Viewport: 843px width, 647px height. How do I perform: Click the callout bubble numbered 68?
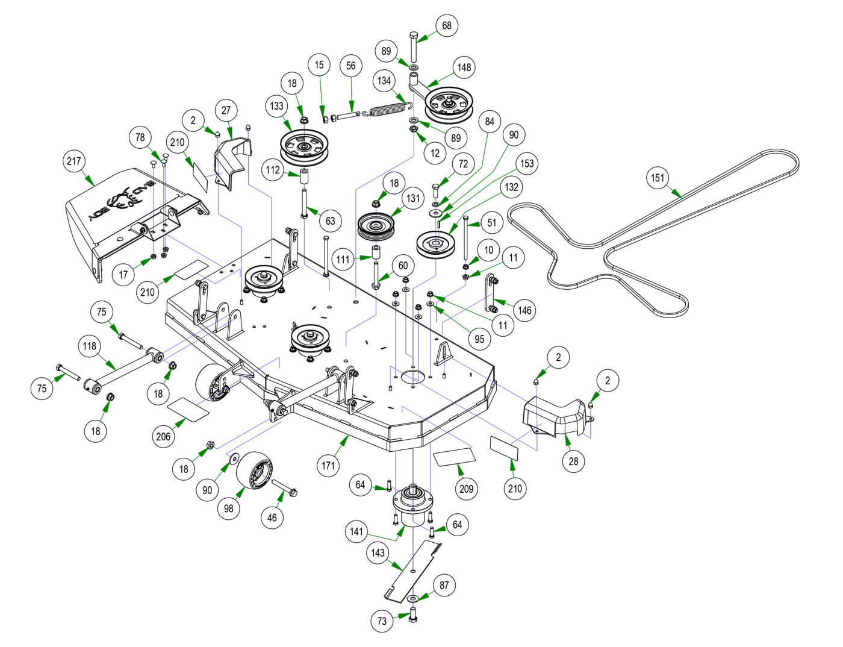click(447, 26)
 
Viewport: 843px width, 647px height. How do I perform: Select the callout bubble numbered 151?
click(658, 178)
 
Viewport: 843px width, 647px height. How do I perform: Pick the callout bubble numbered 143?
click(378, 553)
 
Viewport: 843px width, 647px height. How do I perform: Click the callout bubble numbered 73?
click(382, 621)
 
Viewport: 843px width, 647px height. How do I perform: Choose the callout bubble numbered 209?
click(467, 489)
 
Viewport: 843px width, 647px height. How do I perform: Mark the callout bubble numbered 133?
click(276, 106)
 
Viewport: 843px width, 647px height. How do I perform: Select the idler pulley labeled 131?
click(376, 228)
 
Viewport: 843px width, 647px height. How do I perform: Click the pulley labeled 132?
click(437, 244)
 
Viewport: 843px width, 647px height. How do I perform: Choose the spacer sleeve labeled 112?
click(305, 179)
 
